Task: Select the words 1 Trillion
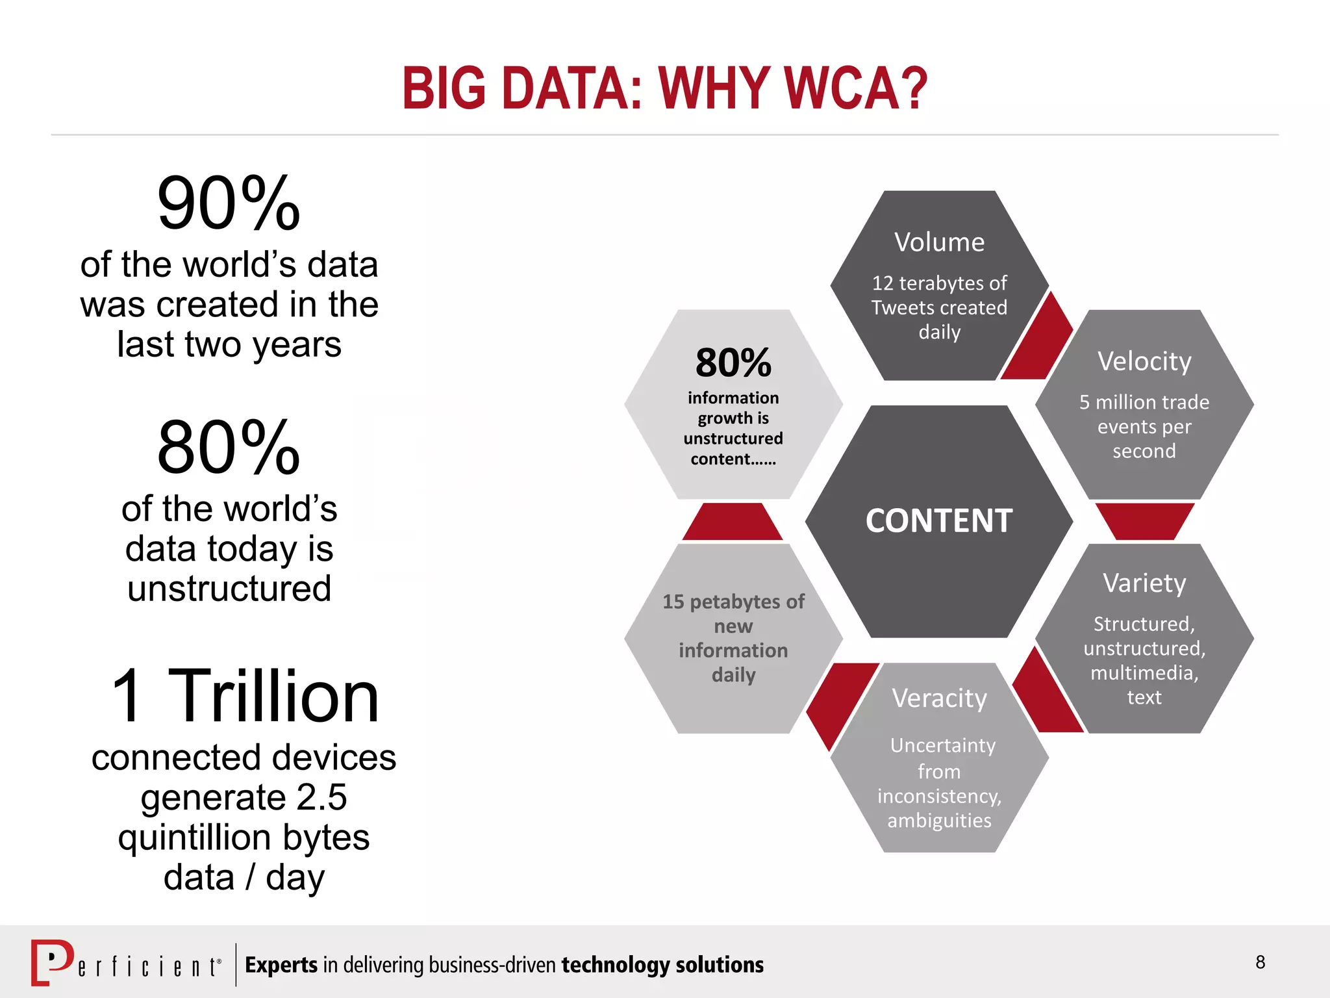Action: click(x=245, y=697)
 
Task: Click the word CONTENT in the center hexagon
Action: click(x=939, y=521)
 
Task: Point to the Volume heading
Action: click(x=939, y=242)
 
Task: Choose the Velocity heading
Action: click(x=1144, y=361)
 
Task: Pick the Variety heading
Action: click(x=1144, y=583)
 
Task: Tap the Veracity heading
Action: click(x=939, y=698)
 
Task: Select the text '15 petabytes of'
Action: click(x=733, y=602)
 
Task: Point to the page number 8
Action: click(x=1260, y=962)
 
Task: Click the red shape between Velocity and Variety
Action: click(x=1144, y=520)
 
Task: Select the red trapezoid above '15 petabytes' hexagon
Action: click(x=733, y=522)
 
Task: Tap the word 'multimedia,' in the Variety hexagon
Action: click(x=1144, y=672)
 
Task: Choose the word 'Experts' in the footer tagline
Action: click(x=281, y=965)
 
